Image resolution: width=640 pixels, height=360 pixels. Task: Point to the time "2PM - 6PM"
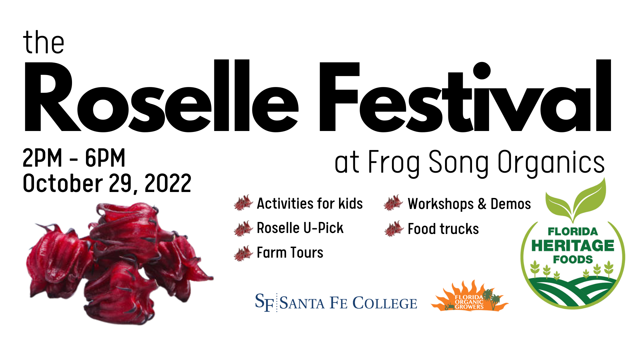click(74, 158)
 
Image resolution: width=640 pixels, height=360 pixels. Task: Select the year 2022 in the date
click(168, 183)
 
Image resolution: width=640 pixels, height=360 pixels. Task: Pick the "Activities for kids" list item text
click(310, 203)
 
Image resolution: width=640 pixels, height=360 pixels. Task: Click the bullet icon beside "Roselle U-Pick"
click(244, 228)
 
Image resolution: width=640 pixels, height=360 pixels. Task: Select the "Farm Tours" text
click(290, 253)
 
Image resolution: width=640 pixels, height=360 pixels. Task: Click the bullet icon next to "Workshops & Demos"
click(394, 203)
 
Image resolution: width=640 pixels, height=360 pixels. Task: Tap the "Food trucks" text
click(443, 229)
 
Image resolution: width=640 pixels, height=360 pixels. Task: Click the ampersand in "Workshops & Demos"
click(482, 204)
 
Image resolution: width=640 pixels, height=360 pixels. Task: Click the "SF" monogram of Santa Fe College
click(265, 302)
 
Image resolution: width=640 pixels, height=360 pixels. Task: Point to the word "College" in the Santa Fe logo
click(385, 303)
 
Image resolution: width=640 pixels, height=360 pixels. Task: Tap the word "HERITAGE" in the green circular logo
click(573, 246)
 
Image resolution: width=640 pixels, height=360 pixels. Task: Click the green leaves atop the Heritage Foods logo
click(576, 200)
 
